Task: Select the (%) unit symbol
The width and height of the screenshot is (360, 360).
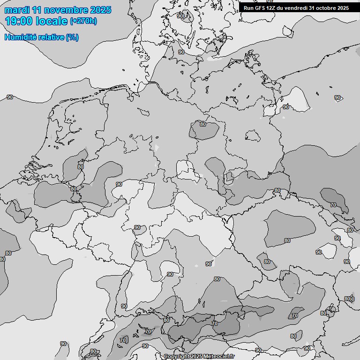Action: pyautogui.click(x=72, y=37)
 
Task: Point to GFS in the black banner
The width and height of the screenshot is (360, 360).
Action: pyautogui.click(x=260, y=8)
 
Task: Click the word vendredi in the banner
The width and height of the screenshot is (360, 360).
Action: pyautogui.click(x=297, y=8)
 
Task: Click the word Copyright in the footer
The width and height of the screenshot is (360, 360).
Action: pyautogui.click(x=177, y=357)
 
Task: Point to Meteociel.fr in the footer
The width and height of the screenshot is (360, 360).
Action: pyautogui.click(x=219, y=357)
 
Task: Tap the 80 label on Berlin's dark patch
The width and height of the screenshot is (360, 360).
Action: pyautogui.click(x=203, y=124)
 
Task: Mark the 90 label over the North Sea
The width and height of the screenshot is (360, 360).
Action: pyautogui.click(x=10, y=97)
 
